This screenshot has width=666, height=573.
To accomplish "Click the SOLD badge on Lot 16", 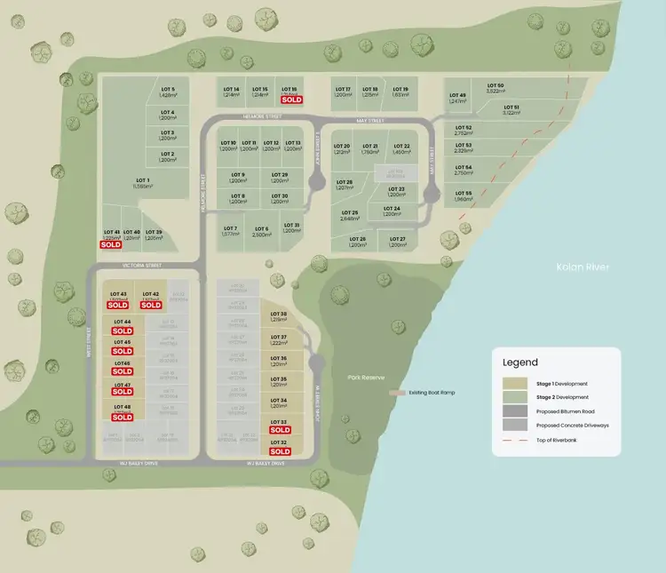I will click(289, 100).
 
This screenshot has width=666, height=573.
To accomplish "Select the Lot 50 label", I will click(495, 85).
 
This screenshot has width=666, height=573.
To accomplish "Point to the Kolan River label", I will click(580, 267).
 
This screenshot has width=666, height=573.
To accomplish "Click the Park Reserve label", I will click(366, 378).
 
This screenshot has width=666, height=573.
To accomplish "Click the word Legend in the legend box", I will click(520, 362).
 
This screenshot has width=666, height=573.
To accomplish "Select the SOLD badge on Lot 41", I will click(111, 243).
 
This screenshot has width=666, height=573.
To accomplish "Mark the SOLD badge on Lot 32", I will click(280, 451).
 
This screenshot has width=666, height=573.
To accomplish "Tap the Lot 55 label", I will click(463, 194).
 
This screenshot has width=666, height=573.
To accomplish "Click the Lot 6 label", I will click(261, 228).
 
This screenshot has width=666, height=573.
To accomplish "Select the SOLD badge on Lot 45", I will click(123, 351).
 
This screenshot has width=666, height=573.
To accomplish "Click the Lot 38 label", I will click(278, 314).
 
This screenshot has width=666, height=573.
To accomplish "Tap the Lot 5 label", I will click(168, 90).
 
